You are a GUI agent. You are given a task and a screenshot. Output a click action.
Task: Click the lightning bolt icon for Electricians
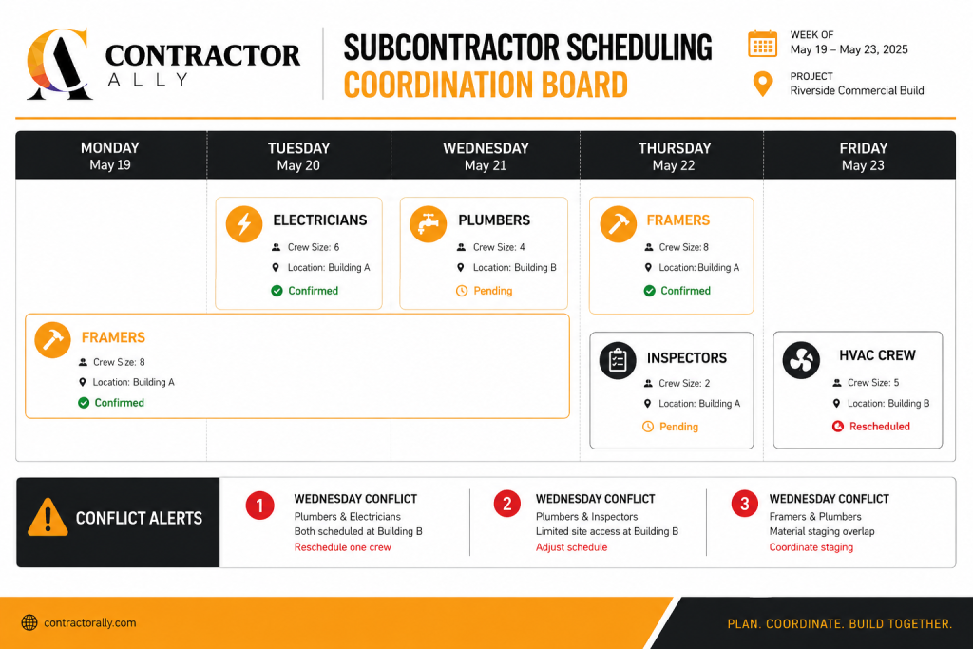(x=244, y=223)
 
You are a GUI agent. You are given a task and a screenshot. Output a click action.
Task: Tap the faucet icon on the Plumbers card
(x=429, y=223)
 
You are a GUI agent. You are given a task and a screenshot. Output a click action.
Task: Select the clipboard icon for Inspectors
(x=618, y=360)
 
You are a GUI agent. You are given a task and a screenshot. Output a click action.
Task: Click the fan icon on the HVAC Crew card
(x=801, y=360)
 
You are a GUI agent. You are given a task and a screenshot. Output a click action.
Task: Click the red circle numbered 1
(x=259, y=506)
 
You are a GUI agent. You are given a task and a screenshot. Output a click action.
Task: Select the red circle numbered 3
(x=745, y=504)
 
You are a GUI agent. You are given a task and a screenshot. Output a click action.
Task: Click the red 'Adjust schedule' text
(x=571, y=547)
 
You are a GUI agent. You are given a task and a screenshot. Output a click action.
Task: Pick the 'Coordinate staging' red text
(x=811, y=547)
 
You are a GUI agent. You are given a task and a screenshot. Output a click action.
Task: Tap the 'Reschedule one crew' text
(x=342, y=547)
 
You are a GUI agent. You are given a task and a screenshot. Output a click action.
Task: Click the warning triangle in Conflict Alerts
(x=48, y=517)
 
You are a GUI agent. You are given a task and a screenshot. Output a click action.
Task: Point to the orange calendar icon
(x=763, y=44)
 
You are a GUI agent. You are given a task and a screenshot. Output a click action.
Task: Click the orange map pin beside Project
(x=763, y=84)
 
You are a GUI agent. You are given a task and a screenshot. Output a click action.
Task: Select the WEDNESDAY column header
(x=486, y=157)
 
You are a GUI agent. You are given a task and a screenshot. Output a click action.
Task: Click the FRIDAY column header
(x=863, y=157)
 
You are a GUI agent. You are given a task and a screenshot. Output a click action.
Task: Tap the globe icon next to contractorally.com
(x=29, y=623)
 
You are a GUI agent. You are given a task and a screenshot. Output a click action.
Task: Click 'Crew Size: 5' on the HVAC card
(x=873, y=383)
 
